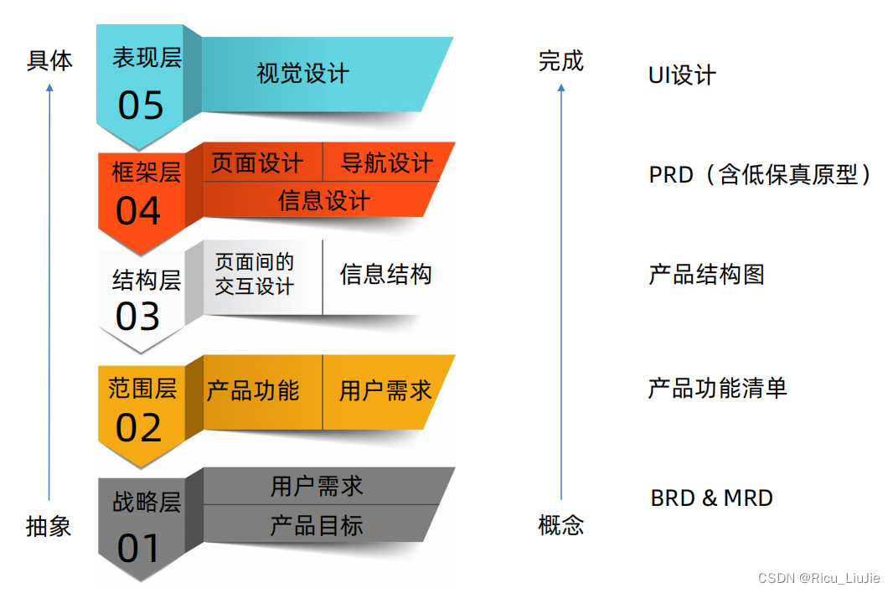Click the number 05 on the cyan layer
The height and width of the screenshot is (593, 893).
(141, 106)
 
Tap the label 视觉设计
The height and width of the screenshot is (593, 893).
(302, 74)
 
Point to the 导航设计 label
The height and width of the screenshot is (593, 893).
(386, 162)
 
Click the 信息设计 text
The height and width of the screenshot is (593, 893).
(323, 201)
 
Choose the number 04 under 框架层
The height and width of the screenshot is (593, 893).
(138, 212)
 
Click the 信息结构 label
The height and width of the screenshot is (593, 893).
(385, 275)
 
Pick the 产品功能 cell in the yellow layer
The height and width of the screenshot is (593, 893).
(252, 390)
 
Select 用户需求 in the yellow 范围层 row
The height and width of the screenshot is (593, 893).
(385, 390)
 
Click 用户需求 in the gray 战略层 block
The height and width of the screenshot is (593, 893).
(317, 486)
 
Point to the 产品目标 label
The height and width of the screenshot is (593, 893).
(317, 525)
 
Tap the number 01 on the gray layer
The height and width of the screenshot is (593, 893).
(139, 549)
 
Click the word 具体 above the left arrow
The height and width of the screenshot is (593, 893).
(49, 61)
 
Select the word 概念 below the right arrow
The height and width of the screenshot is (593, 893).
(560, 526)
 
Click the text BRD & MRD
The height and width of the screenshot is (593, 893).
(711, 498)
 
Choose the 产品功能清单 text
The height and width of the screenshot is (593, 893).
(717, 389)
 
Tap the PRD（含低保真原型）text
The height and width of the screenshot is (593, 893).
(761, 175)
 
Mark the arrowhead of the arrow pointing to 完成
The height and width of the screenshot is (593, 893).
(560, 87)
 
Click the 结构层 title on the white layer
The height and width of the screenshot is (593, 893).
(147, 280)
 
